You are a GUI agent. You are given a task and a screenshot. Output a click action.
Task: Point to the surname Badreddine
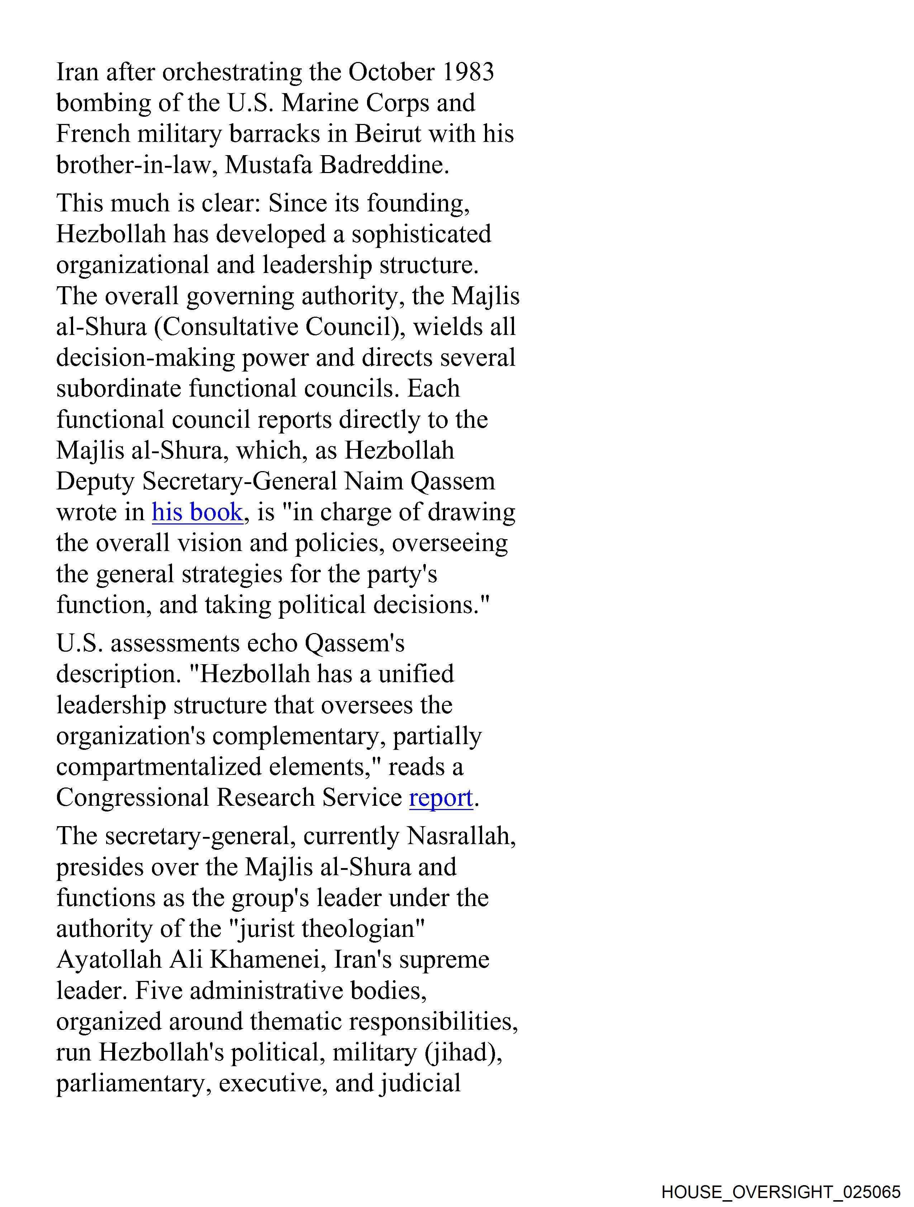[x=384, y=165]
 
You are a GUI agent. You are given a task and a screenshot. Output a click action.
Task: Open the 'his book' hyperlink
[x=197, y=512]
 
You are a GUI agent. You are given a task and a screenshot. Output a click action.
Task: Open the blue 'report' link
[x=441, y=798]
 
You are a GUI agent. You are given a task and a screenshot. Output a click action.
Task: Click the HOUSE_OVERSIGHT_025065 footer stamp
[x=780, y=1191]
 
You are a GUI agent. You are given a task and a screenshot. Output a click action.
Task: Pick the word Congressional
[x=133, y=798]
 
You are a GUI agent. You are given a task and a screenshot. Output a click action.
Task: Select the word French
[x=93, y=134]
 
